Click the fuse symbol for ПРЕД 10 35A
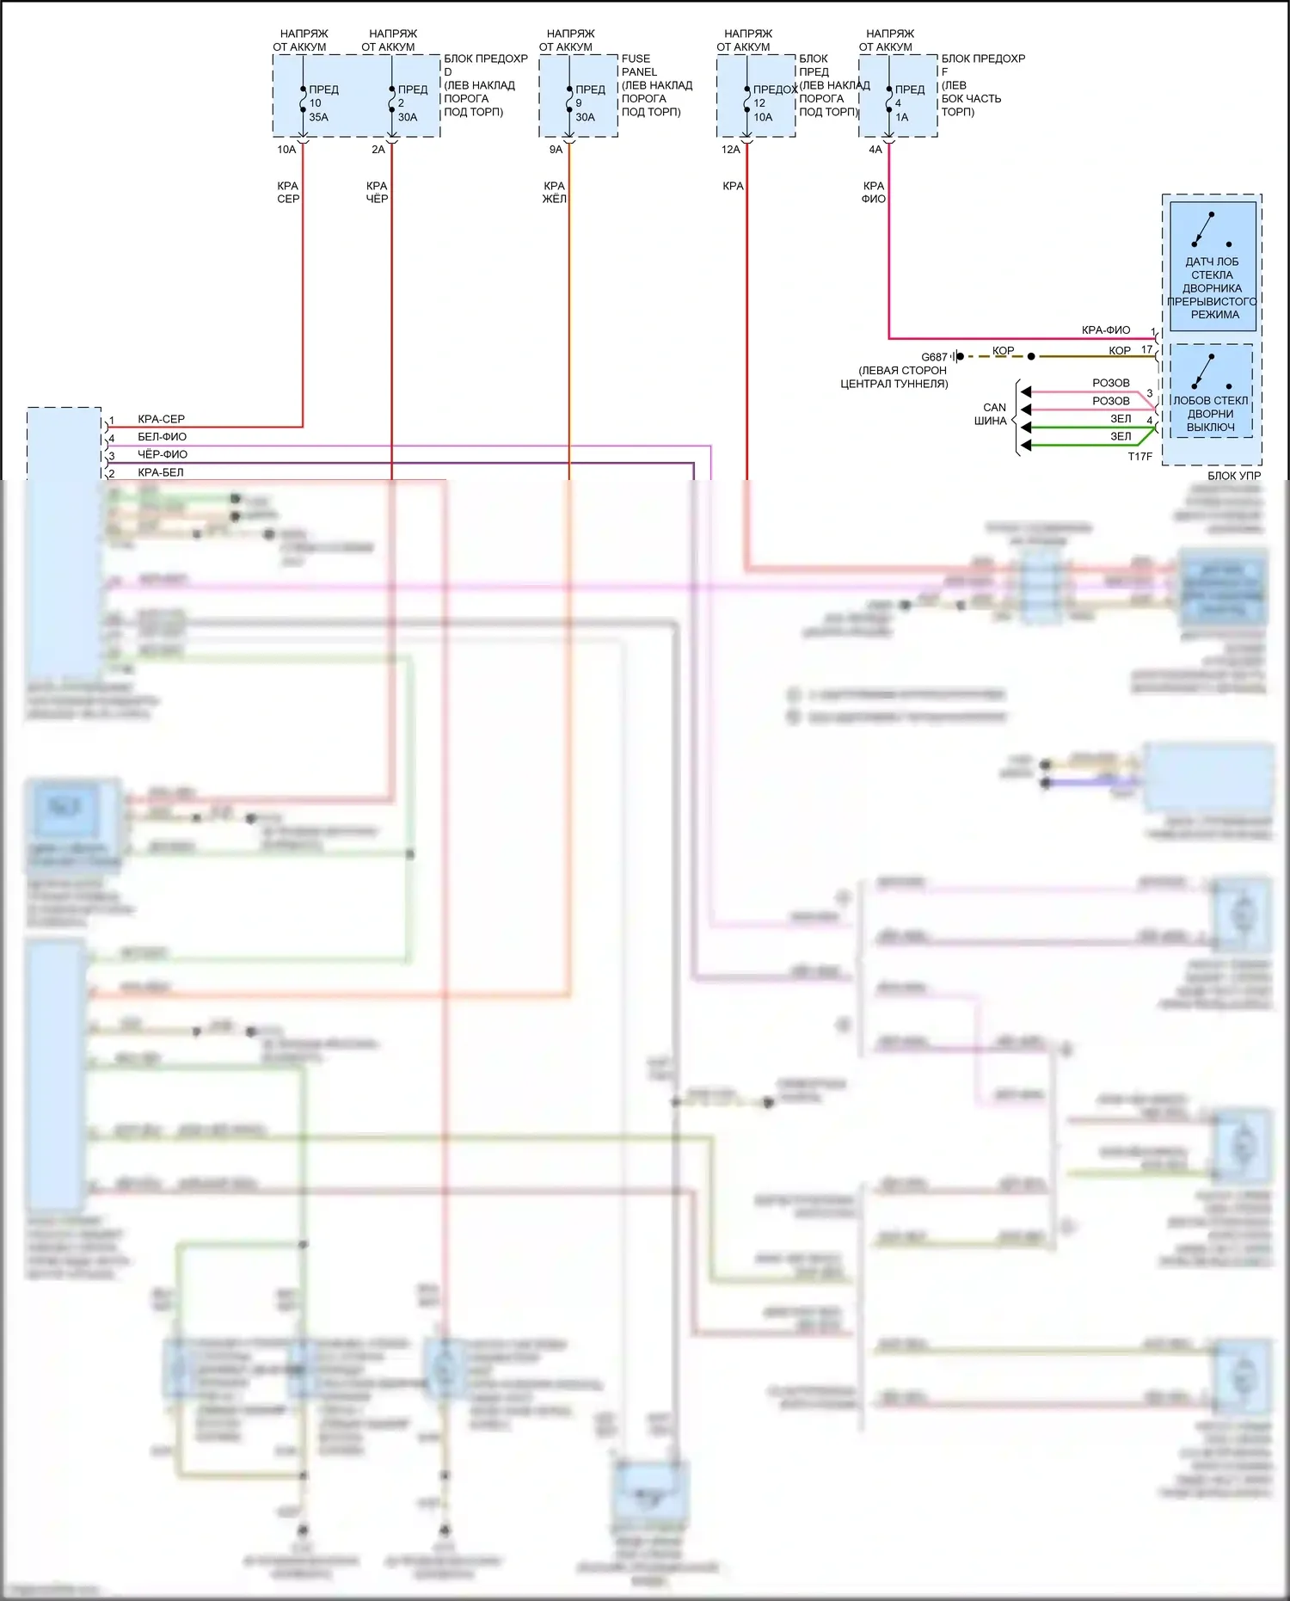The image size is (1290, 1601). (x=303, y=103)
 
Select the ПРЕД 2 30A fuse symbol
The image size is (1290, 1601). (x=391, y=103)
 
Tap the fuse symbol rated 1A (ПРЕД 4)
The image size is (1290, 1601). (x=888, y=103)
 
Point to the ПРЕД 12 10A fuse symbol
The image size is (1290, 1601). (x=746, y=103)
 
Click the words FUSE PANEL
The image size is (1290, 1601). (x=639, y=65)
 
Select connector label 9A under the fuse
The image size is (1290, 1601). (x=556, y=150)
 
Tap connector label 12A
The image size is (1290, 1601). (x=730, y=150)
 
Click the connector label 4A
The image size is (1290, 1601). (x=875, y=150)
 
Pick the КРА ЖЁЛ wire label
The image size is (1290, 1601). (x=554, y=192)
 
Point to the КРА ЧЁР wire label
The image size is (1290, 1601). (x=377, y=192)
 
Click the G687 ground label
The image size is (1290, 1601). (x=934, y=357)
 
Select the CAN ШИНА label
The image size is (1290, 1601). (x=992, y=414)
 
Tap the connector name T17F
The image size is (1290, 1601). (x=1139, y=457)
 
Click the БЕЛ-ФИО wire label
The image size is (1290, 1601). (x=162, y=437)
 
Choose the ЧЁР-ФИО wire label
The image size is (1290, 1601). (x=163, y=454)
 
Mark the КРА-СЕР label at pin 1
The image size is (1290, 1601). (x=161, y=419)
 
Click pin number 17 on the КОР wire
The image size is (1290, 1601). (x=1146, y=349)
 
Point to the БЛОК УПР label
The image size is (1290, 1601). (x=1233, y=476)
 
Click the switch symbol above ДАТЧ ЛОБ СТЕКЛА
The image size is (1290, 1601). (x=1211, y=230)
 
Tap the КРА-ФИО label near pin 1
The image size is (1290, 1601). (x=1106, y=330)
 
